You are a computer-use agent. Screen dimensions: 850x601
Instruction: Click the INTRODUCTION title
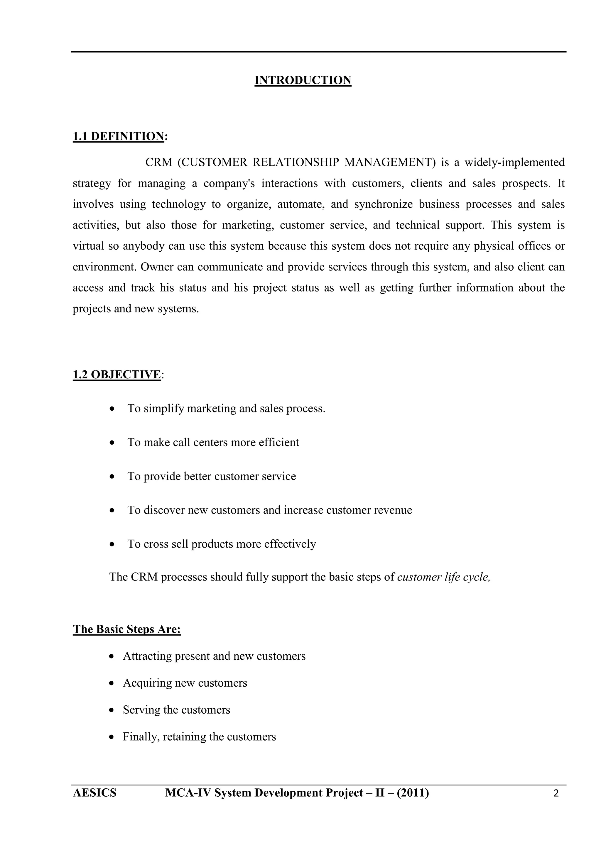(303, 80)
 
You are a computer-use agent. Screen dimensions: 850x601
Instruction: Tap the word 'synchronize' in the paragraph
(383, 204)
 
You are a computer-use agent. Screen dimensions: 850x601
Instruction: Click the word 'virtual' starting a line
(88, 246)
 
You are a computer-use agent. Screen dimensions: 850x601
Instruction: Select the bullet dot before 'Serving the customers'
(112, 710)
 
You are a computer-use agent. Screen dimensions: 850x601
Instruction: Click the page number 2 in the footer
(556, 793)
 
